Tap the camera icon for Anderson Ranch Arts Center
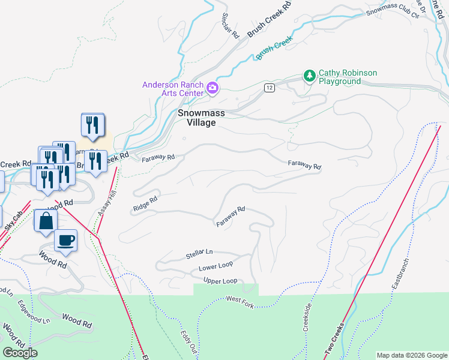click(x=212, y=89)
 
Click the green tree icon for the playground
click(x=310, y=76)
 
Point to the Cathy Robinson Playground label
click(x=348, y=77)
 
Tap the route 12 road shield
click(x=270, y=88)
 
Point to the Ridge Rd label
click(x=145, y=203)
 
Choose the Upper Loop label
click(x=220, y=281)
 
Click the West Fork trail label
click(x=240, y=303)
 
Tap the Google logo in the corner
click(x=20, y=353)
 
